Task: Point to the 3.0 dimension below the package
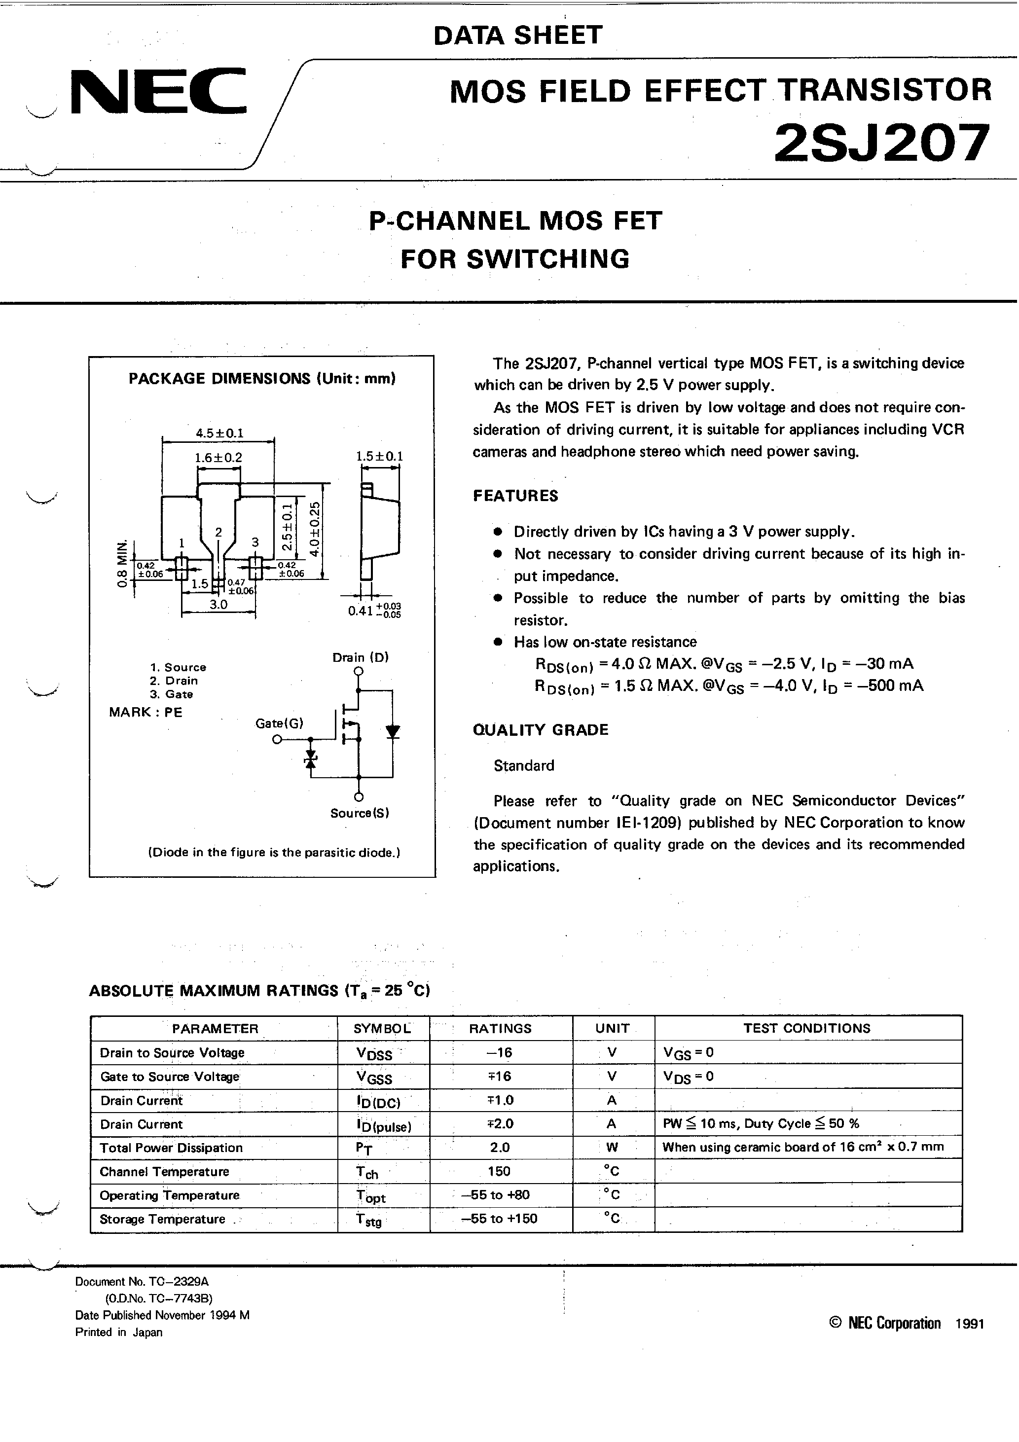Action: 218,604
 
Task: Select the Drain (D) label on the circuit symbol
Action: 361,657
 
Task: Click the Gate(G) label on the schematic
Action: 279,723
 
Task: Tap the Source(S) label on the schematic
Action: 360,813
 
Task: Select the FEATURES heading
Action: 515,496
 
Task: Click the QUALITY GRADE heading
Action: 540,730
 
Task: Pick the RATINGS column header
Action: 500,1028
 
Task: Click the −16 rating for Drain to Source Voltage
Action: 500,1052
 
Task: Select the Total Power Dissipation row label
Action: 171,1148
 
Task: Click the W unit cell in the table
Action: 612,1148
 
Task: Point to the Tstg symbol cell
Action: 369,1220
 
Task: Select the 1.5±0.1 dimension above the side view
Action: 379,457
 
